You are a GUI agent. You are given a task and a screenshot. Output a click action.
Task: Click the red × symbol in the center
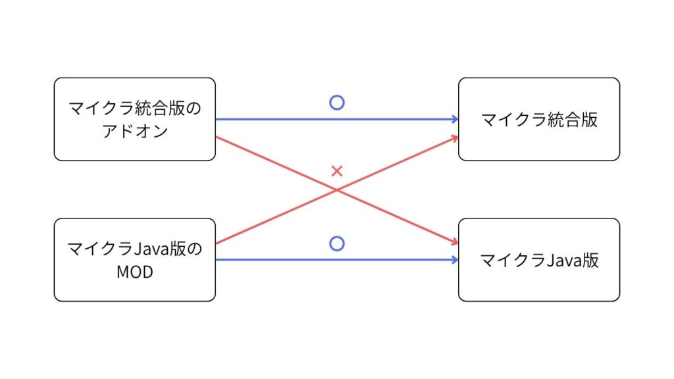[337, 171]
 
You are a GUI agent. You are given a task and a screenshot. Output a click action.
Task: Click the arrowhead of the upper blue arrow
[455, 119]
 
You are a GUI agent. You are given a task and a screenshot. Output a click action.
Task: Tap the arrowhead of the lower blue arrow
[455, 259]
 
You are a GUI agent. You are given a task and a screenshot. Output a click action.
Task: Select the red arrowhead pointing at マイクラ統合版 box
[455, 138]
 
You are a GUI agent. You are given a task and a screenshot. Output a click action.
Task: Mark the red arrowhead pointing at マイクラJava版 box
[455, 242]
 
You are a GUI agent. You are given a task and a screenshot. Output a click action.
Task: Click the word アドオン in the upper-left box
[134, 131]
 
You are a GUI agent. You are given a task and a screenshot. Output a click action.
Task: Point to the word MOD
[134, 272]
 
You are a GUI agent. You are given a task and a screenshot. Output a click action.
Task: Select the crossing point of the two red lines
[337, 189]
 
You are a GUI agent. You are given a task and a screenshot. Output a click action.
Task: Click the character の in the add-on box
[194, 109]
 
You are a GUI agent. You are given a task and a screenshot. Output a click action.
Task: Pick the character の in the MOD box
[194, 249]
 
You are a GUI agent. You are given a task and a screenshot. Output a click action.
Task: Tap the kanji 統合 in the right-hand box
[564, 120]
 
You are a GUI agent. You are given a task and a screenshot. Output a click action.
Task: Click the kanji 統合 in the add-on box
[151, 108]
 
